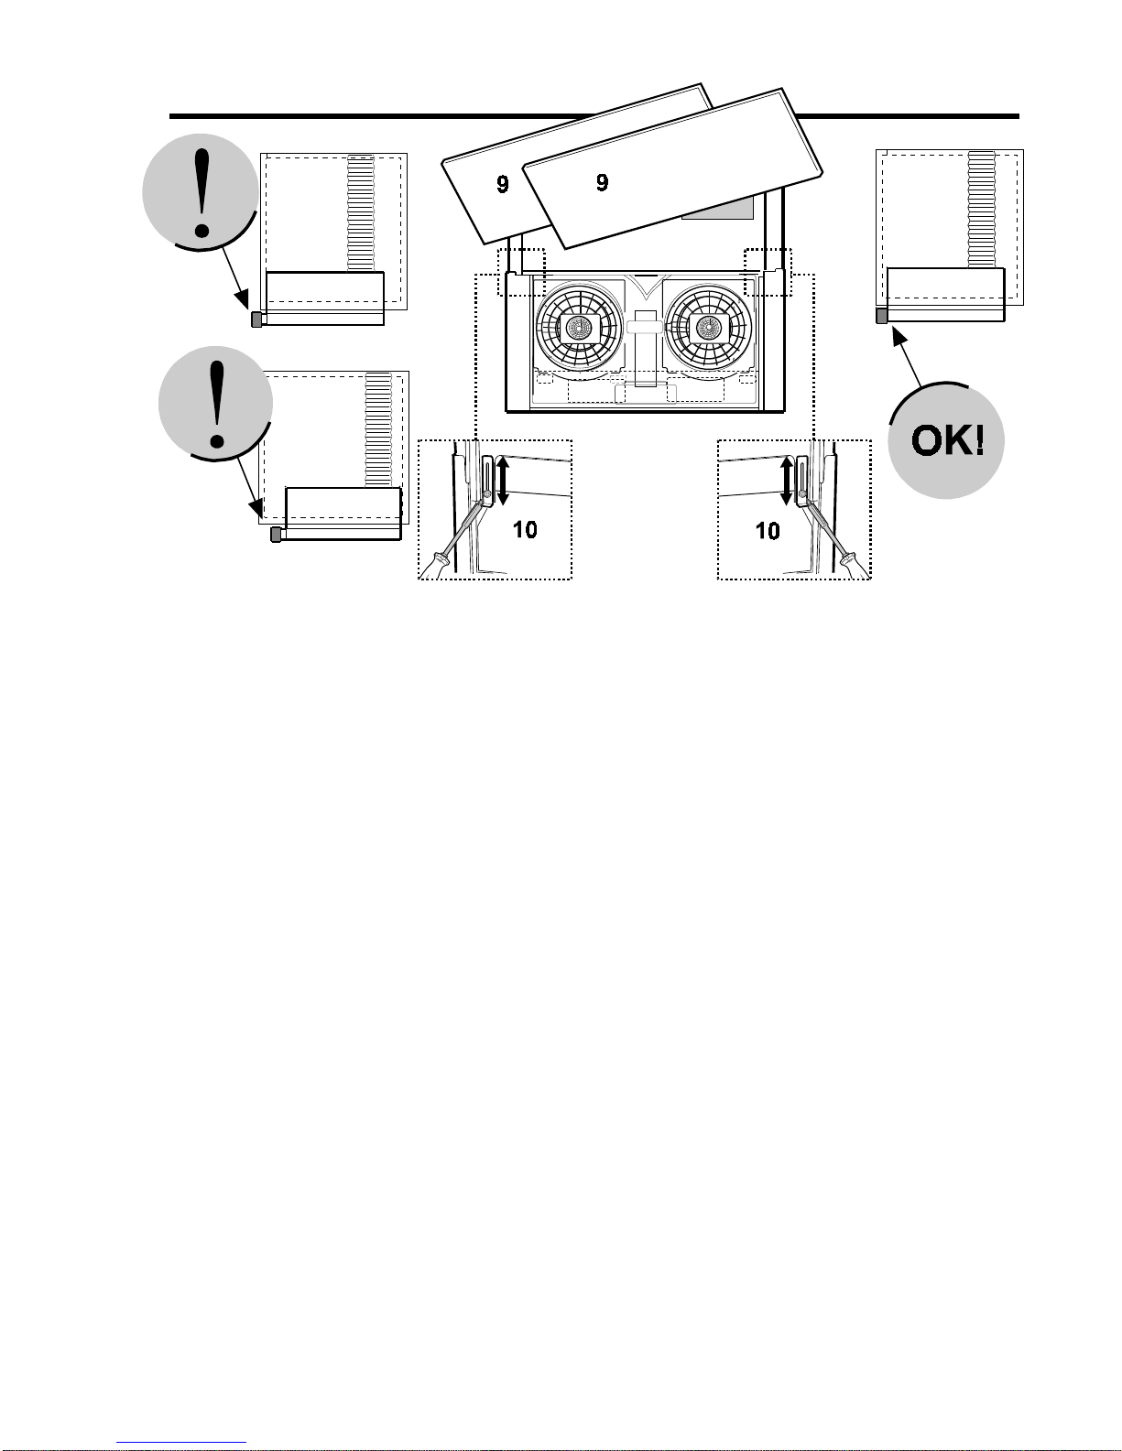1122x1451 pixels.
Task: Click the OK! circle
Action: (x=945, y=440)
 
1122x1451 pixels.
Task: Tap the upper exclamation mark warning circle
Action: (x=201, y=192)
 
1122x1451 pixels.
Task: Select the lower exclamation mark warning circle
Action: (x=216, y=404)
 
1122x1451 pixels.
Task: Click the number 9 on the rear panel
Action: (x=503, y=184)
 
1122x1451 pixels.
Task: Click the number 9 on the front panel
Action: (x=603, y=182)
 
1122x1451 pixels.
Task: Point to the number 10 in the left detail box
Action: (x=525, y=529)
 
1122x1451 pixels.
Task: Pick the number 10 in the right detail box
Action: (x=768, y=531)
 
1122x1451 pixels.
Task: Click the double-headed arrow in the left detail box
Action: (x=504, y=480)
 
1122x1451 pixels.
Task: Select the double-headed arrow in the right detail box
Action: (x=787, y=480)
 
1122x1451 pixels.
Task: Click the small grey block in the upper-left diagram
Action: (x=256, y=319)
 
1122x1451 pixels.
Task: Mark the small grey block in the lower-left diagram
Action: (x=276, y=535)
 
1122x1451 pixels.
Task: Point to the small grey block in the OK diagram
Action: (x=881, y=316)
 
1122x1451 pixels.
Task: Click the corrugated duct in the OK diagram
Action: (x=981, y=209)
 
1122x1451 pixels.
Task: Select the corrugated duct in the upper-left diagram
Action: (x=361, y=213)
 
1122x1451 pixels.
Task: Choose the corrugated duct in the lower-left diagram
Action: (x=378, y=430)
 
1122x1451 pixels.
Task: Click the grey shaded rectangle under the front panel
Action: (x=717, y=208)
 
